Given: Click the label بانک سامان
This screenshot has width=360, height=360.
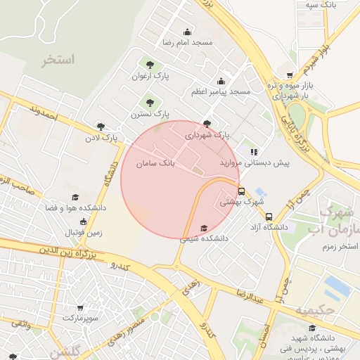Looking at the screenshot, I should (x=155, y=163).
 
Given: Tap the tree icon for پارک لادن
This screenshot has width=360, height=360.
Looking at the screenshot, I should (x=101, y=127).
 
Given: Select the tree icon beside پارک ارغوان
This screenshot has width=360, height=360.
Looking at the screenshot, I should (x=148, y=65).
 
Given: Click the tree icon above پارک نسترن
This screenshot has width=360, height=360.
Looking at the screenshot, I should (x=150, y=103).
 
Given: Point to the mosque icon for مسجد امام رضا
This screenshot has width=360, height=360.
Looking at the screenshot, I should (x=187, y=32).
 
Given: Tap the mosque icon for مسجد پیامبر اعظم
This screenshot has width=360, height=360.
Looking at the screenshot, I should (x=221, y=81).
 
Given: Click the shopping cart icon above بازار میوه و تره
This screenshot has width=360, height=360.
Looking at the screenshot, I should (x=290, y=75).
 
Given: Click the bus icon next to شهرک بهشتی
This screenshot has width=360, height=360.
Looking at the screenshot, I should (x=242, y=191).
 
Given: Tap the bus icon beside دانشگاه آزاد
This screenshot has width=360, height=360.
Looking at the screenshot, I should (x=269, y=217).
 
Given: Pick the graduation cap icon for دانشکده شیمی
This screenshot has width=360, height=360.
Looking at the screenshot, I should (x=204, y=228).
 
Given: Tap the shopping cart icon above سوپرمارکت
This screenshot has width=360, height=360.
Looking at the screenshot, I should (x=80, y=308).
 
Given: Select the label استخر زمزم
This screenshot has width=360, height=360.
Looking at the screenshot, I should (x=337, y=247).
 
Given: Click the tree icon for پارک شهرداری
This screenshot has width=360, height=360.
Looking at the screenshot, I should (x=206, y=123).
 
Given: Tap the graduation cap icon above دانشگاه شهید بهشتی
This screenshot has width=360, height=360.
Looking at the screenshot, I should (x=312, y=327).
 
